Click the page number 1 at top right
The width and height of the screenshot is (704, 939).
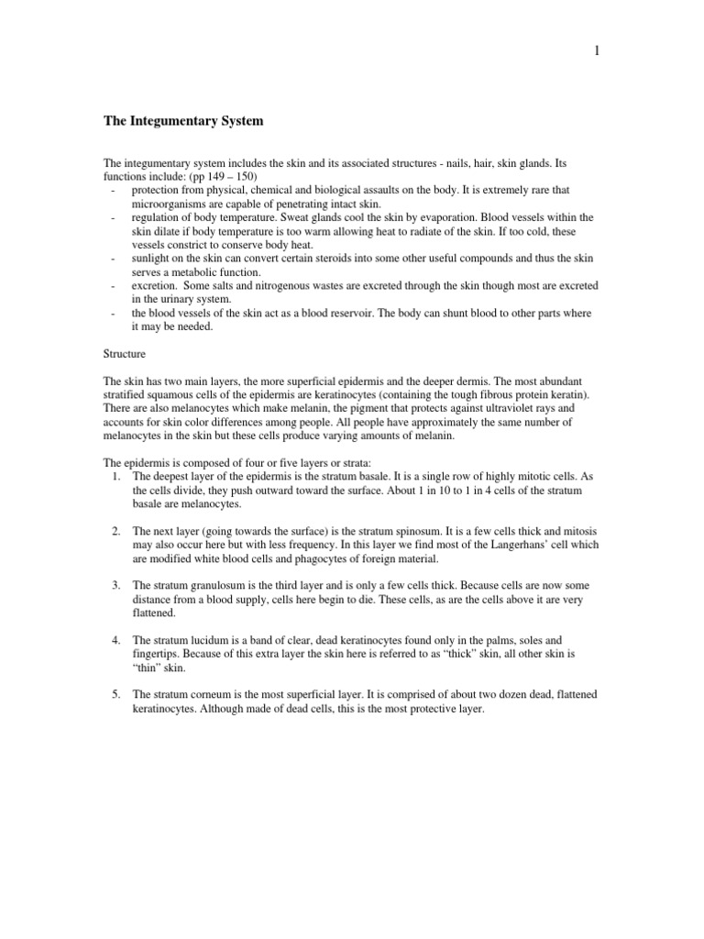tap(597, 51)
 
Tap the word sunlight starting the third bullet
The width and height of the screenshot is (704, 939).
tap(152, 258)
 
